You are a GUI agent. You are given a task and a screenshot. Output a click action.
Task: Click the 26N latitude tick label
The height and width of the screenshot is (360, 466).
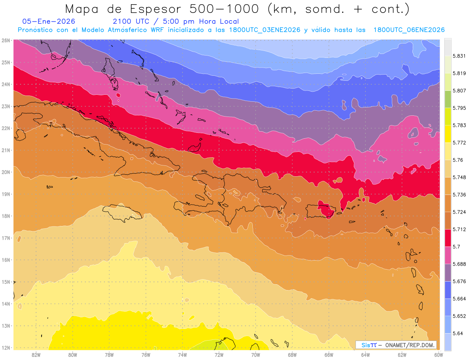point(5,40)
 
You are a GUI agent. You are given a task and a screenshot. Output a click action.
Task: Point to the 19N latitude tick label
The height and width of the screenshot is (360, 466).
point(5,194)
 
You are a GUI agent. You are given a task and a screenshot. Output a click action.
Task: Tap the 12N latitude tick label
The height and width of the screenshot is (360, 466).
point(5,348)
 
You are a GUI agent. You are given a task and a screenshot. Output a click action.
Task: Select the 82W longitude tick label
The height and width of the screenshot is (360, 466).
point(36,355)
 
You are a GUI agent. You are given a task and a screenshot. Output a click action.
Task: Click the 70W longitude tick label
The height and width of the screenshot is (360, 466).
point(256,355)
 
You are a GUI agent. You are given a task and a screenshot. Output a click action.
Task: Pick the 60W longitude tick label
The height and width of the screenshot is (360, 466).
point(438,355)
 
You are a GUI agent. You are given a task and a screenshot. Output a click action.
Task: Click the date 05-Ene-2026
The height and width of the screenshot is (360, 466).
point(49,21)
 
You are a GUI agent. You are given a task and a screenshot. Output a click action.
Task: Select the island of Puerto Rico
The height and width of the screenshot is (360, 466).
point(321,211)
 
